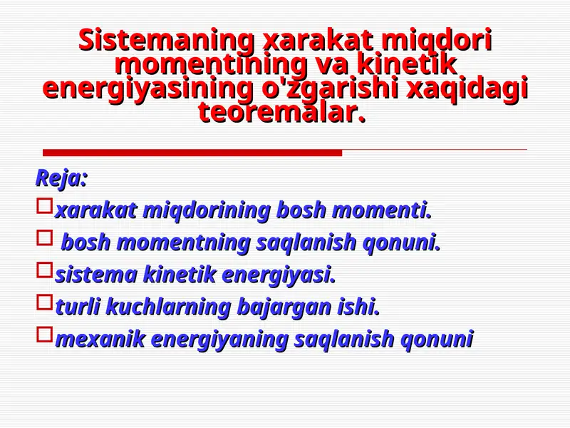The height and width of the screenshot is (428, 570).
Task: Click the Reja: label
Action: (61, 178)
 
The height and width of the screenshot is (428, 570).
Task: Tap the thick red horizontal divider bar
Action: (192, 153)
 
